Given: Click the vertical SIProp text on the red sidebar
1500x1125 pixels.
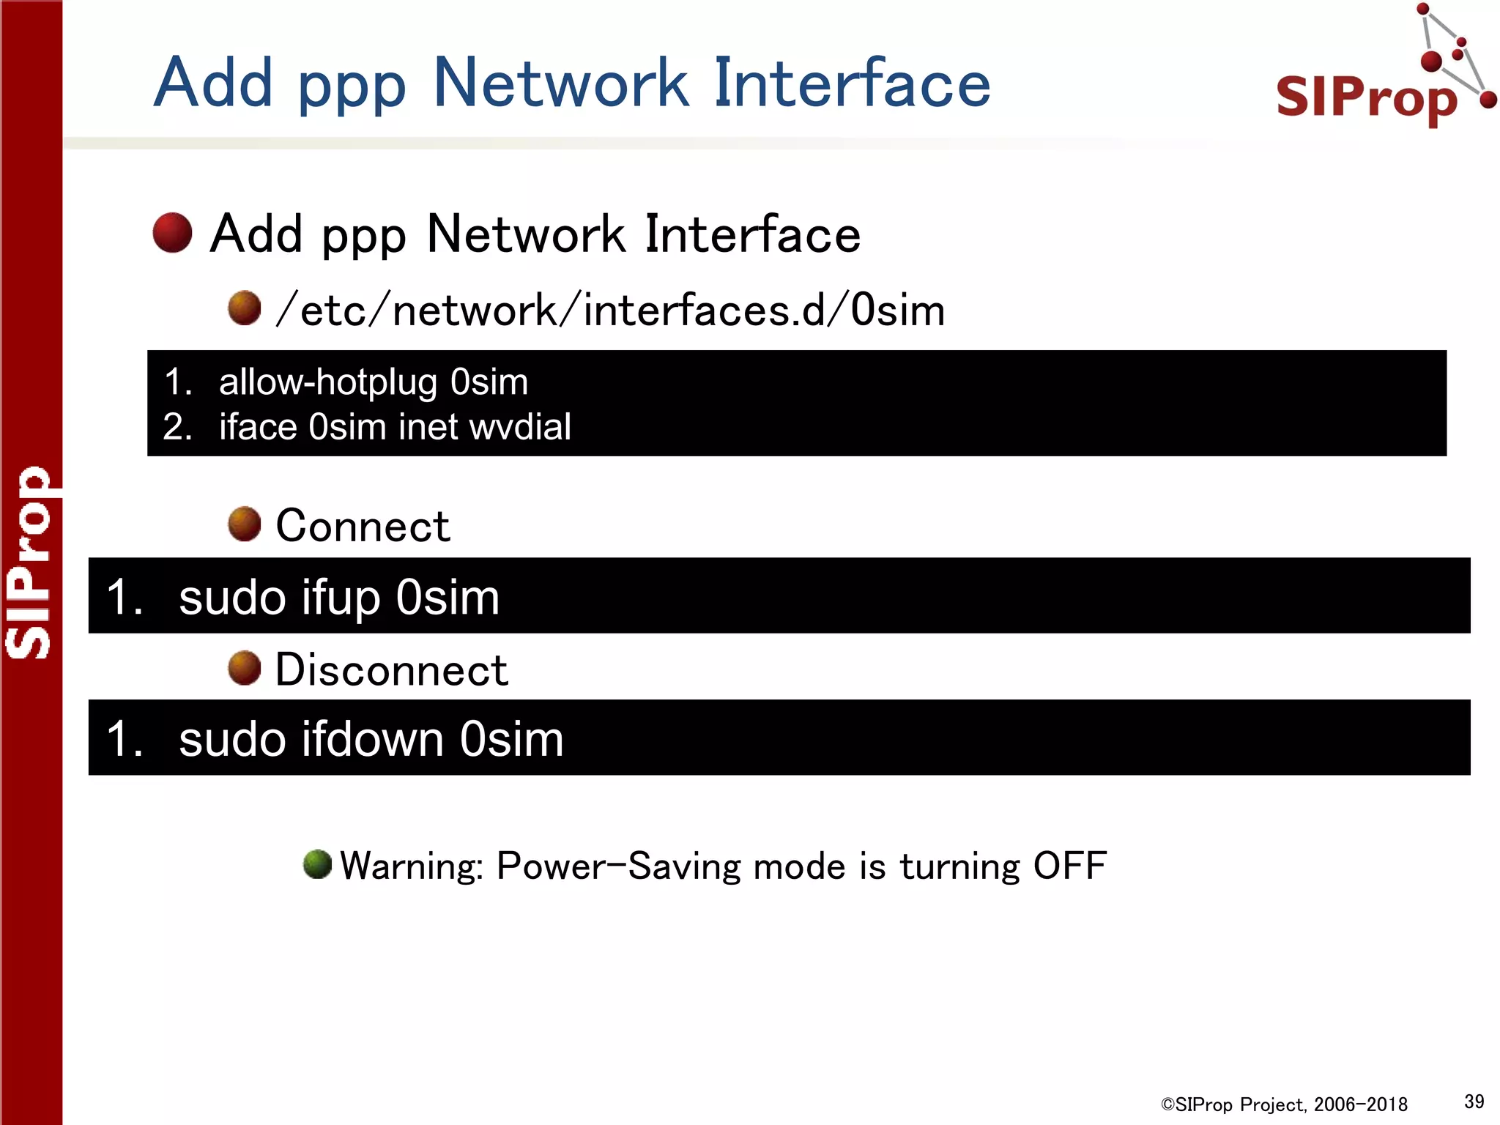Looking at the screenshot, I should click(29, 562).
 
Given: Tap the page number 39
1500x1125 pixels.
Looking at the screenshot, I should click(1474, 1102).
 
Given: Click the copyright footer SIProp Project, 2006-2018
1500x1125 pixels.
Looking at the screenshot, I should click(1284, 1104).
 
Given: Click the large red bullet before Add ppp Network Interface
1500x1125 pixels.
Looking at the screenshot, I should click(172, 233).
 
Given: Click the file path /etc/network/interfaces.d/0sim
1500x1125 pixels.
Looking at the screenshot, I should click(609, 311).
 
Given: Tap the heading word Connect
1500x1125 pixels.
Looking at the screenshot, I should click(363, 526).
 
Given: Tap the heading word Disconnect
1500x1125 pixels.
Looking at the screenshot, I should click(391, 670).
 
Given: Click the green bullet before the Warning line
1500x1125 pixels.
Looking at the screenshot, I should click(317, 864).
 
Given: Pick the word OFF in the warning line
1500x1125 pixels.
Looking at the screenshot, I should click(1069, 866).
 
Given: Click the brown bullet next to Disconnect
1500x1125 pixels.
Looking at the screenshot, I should click(245, 668).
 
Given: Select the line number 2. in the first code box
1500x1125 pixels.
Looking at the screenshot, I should click(177, 427).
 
